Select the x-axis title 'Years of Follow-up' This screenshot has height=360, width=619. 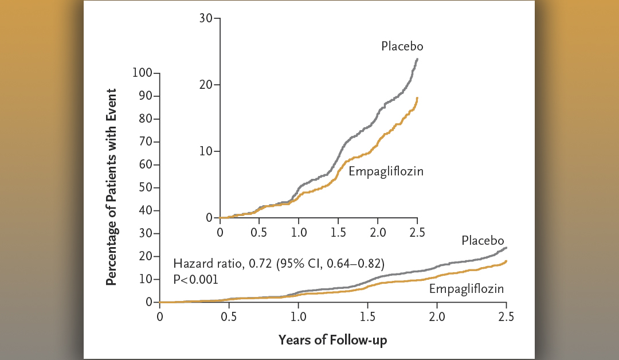point(332,340)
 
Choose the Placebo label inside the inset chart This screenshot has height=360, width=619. point(402,46)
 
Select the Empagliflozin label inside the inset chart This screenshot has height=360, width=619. point(386,171)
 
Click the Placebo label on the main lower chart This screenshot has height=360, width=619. point(483,240)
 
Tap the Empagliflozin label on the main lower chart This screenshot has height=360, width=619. point(467,289)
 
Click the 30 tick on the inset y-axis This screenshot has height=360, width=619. point(206,18)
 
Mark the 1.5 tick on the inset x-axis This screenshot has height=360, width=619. point(338,232)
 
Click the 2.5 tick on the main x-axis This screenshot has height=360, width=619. point(506,316)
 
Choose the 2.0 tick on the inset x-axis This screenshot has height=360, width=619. point(378,232)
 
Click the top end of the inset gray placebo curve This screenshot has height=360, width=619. point(417,58)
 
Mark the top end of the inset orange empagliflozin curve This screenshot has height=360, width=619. point(417,98)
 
